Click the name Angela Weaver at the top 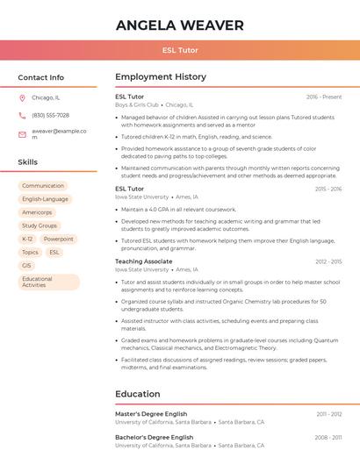(180, 25)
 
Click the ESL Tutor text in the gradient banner (180, 50)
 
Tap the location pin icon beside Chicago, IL (23, 97)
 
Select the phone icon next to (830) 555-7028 (23, 115)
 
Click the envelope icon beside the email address (23, 134)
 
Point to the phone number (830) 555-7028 (50, 115)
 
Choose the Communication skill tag (43, 186)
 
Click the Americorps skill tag (37, 212)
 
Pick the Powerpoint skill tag (59, 239)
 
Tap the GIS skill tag (27, 265)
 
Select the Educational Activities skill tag (48, 282)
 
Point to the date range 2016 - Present (324, 97)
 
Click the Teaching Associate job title (144, 261)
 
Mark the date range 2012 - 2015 (328, 261)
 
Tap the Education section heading (137, 394)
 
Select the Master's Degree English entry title (151, 413)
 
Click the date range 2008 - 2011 (328, 437)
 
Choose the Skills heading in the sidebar (28, 162)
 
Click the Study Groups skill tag (40, 225)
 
